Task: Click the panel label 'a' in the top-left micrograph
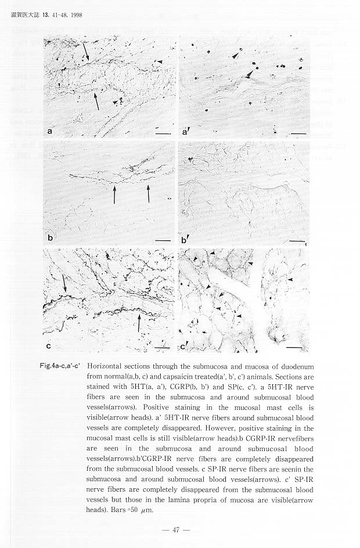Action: click(50, 131)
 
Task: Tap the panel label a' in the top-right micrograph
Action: click(185, 132)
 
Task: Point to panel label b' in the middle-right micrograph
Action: click(184, 239)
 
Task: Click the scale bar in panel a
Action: click(163, 134)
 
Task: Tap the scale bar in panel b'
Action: click(297, 240)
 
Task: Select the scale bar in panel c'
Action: click(295, 348)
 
